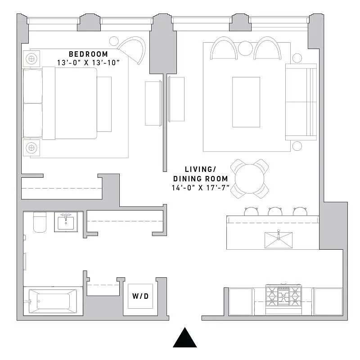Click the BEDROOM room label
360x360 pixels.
pos(89,54)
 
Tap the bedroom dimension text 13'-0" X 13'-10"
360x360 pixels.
pos(89,63)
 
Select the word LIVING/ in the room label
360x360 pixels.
pos(201,169)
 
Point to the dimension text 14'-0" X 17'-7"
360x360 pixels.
pos(201,187)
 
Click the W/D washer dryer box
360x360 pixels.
pos(140,296)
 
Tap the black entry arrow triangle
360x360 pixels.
pos(185,337)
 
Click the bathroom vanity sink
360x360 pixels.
pos(66,222)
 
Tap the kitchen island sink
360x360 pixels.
pos(278,240)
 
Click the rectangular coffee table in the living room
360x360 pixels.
pos(246,102)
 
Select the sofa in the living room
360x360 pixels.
pos(301,102)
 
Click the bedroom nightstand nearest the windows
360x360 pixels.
pos(31,58)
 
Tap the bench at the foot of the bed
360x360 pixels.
pos(104,104)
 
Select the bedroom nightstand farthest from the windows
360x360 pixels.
pos(31,147)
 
